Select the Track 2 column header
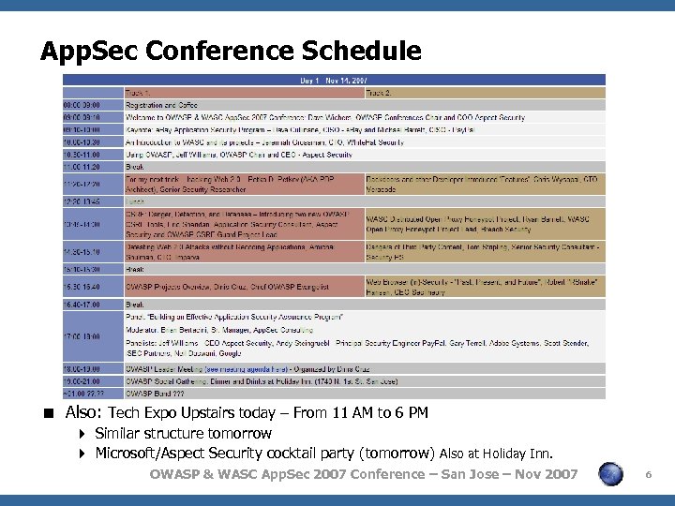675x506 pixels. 380,93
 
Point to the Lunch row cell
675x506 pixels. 137,201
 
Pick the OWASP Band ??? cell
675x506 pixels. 156,394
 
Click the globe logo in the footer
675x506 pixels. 611,474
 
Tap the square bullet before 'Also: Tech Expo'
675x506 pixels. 53,413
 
